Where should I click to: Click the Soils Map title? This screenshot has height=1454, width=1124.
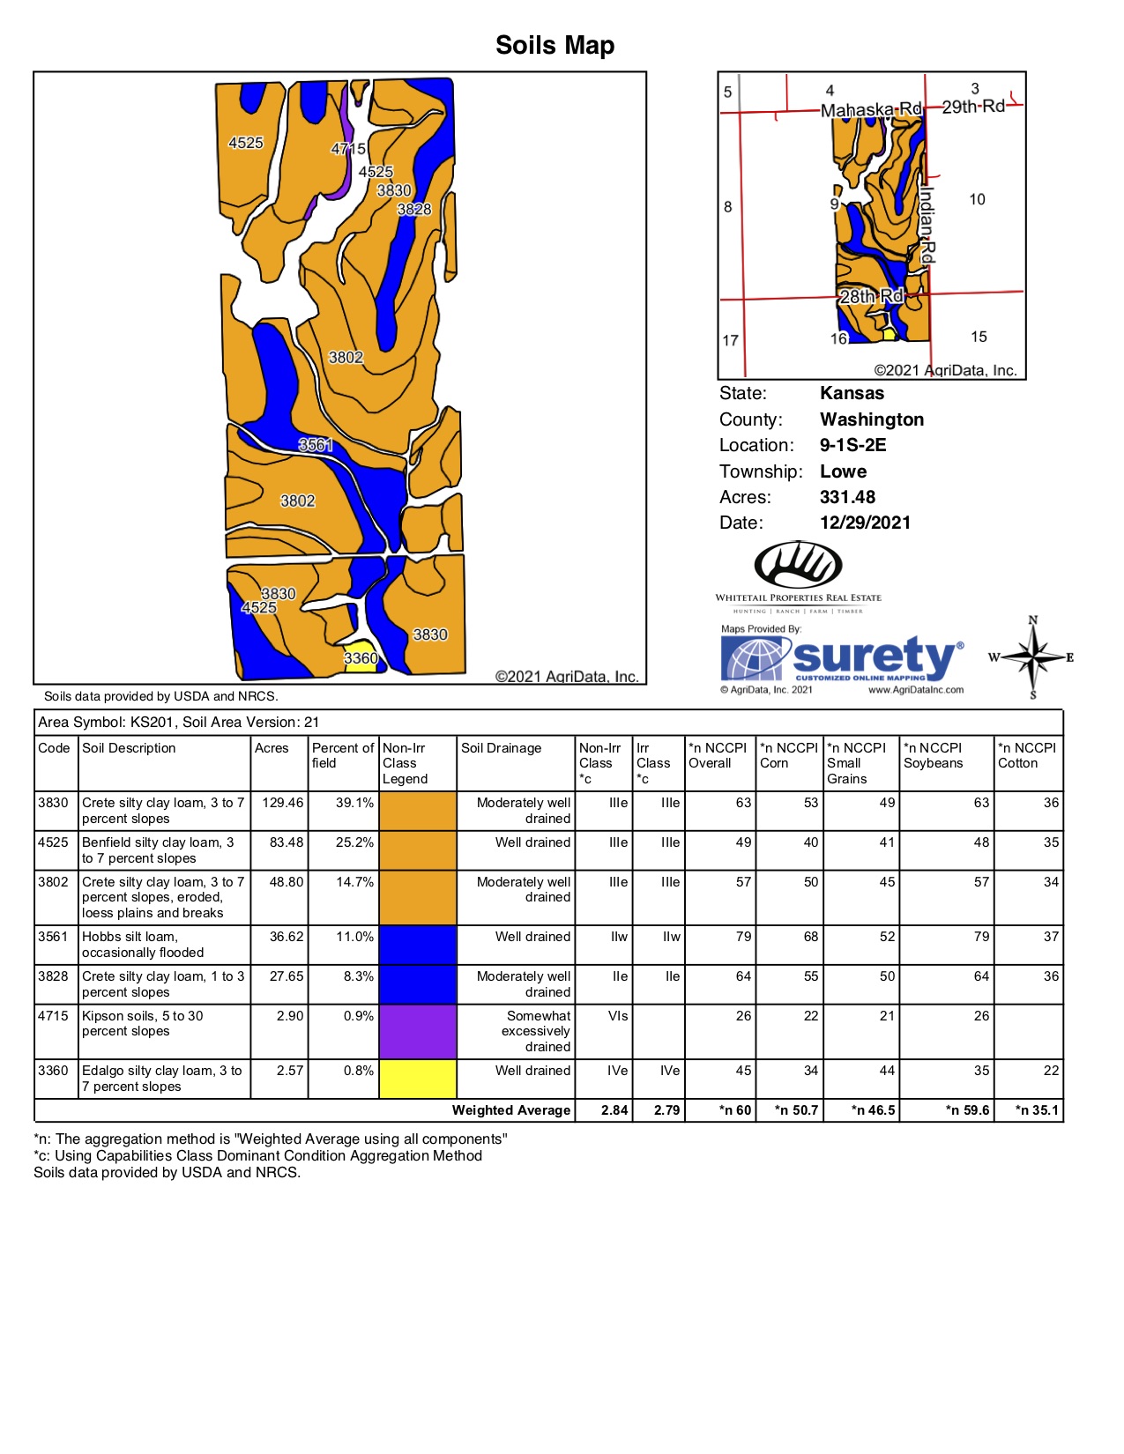tap(555, 45)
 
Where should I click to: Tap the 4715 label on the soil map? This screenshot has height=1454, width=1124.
tap(348, 149)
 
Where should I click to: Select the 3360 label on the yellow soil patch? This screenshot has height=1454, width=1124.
tap(361, 658)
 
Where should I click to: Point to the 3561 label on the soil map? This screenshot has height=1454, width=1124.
tap(316, 445)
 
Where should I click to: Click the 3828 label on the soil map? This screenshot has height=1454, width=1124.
tap(414, 209)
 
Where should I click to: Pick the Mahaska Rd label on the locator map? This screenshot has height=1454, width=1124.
tap(871, 110)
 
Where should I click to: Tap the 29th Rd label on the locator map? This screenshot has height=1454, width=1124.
tap(973, 107)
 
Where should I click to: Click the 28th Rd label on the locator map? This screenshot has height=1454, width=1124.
tap(871, 296)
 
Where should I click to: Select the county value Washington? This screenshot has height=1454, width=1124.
tap(872, 419)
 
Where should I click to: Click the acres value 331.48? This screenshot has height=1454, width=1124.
tap(847, 497)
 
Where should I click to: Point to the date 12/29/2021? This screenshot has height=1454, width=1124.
tap(865, 523)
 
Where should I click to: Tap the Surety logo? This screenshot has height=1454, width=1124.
tap(842, 659)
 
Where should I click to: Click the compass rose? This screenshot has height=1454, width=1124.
tap(1033, 657)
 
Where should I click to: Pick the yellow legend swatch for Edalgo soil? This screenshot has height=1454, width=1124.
tap(418, 1079)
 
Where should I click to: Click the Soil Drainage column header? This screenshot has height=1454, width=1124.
tap(501, 748)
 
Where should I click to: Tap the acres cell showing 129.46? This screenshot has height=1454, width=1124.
tap(282, 803)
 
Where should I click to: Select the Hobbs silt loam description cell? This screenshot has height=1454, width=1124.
tap(142, 945)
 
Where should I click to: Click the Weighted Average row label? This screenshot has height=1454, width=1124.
tap(511, 1110)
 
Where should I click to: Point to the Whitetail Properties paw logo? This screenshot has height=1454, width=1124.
tap(798, 565)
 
